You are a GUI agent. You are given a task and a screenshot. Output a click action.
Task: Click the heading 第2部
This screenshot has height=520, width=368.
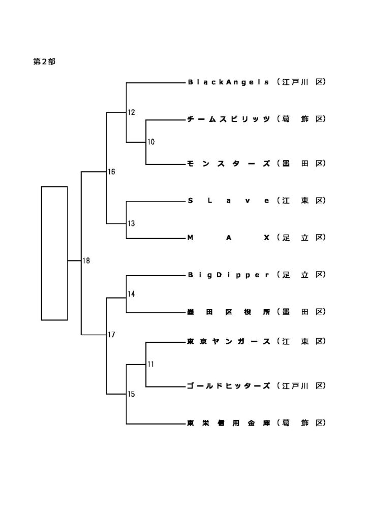point(44,62)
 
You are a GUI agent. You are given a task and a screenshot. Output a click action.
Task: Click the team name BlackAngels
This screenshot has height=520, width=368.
point(228,82)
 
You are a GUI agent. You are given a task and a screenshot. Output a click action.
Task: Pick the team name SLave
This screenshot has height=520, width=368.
point(228,201)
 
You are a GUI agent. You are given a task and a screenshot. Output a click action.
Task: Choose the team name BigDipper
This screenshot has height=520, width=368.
point(228,275)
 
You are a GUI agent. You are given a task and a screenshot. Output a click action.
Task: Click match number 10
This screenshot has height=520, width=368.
point(151,142)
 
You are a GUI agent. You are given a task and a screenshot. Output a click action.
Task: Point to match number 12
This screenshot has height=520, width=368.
point(131,112)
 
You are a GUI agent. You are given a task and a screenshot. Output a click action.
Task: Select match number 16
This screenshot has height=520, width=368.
point(111,172)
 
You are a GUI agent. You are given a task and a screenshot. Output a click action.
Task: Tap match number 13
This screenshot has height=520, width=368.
point(131,223)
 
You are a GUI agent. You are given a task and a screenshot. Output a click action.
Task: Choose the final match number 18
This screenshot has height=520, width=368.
point(86,261)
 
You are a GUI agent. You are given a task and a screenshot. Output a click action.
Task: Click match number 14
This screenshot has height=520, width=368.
point(131,294)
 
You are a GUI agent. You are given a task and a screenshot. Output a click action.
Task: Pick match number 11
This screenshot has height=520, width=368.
point(151,364)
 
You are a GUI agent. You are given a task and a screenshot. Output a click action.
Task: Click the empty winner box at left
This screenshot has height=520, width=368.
point(54,253)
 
